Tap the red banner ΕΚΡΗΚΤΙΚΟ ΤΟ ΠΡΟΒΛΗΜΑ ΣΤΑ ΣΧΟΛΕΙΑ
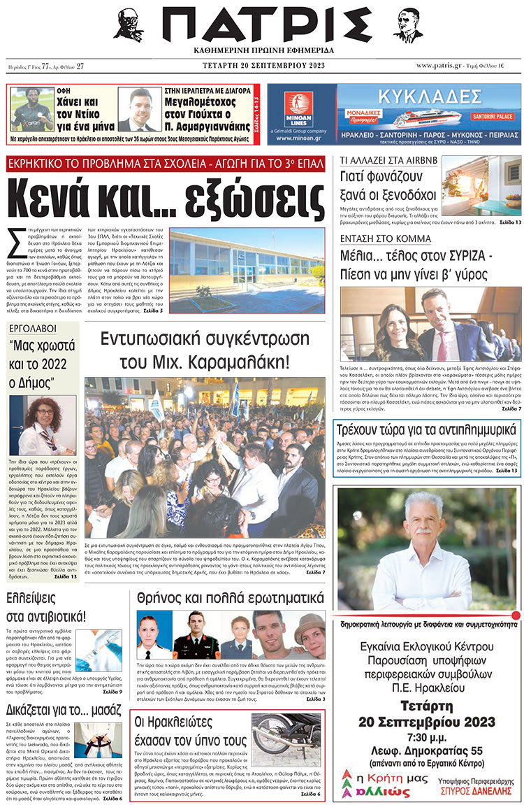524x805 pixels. pyautogui.click(x=166, y=164)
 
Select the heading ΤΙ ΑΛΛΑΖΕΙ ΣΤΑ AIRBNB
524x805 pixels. pyautogui.click(x=378, y=160)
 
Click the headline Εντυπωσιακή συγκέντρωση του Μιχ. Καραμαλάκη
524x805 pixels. pyautogui.click(x=204, y=350)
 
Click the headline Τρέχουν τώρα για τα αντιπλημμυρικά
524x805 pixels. pyautogui.click(x=426, y=429)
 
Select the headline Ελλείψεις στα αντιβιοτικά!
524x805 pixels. pyautogui.click(x=46, y=606)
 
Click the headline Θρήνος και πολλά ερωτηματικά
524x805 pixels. pyautogui.click(x=227, y=598)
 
